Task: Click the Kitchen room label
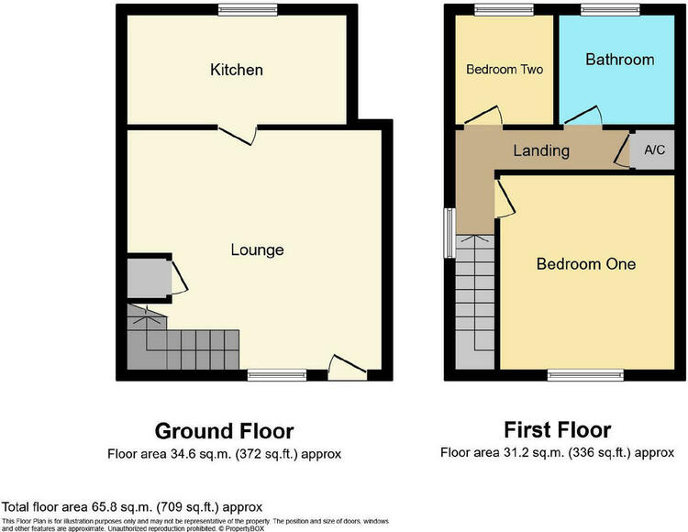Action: click(x=237, y=70)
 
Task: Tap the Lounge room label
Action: click(x=258, y=250)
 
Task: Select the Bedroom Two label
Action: click(x=505, y=70)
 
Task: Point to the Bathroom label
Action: click(x=620, y=60)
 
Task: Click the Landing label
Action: click(x=541, y=150)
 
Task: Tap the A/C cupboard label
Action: click(x=655, y=150)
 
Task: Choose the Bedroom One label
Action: click(x=586, y=264)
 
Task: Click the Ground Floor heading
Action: click(x=224, y=431)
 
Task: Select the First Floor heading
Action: click(x=557, y=430)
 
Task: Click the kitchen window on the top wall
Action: click(x=248, y=10)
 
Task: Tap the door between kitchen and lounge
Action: click(x=238, y=136)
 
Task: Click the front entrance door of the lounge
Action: click(x=348, y=367)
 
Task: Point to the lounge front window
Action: click(x=277, y=375)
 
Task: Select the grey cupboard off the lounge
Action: click(x=150, y=279)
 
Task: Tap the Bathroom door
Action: click(x=583, y=116)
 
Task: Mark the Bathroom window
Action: click(x=610, y=10)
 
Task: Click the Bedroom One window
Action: click(x=586, y=375)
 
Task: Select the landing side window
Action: click(x=449, y=233)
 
